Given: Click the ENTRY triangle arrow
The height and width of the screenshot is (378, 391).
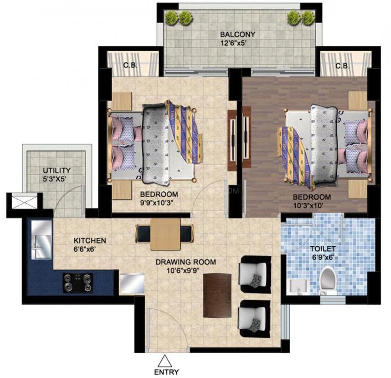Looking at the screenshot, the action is pos(164,360).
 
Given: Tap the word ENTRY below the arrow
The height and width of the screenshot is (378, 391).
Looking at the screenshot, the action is pos(167,372).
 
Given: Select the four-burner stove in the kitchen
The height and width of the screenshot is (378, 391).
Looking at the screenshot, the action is pos(77,283).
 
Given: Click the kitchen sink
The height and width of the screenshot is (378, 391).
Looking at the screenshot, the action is pos(41,240).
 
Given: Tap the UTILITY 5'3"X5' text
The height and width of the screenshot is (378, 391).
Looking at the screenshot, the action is pos(57,174).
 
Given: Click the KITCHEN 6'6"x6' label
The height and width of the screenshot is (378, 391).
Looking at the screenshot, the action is pos(90,244).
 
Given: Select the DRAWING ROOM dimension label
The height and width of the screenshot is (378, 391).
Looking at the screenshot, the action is pos(186,266).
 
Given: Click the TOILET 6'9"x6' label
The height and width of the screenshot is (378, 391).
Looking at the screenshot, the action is pos(323,253).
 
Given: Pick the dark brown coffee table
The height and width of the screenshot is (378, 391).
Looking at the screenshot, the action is pos(217,295).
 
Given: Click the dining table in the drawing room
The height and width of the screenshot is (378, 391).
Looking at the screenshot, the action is pos(165,234).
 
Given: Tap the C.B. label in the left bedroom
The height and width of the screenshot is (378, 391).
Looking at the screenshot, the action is pos(130,66).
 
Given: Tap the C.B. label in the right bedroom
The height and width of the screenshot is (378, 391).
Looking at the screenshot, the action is pos(343,66).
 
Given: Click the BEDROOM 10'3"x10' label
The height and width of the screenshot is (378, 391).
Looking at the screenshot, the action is pos(312,201).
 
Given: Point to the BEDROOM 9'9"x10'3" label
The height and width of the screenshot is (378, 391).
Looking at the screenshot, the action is pos(159,198).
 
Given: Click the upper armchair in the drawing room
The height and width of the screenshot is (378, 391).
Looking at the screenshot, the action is pos(255,274).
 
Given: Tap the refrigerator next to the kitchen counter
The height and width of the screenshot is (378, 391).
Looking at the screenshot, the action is pos(132,284).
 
